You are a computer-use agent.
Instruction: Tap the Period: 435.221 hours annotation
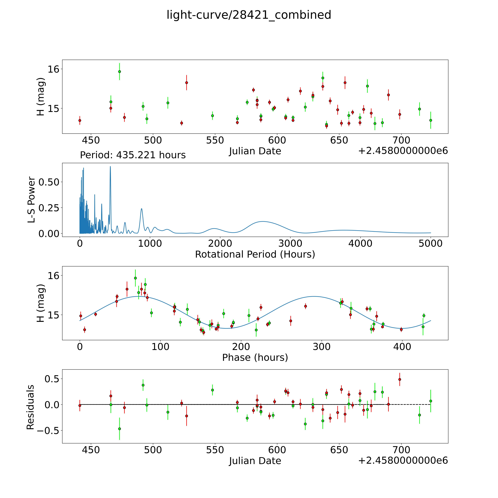pos(133,155)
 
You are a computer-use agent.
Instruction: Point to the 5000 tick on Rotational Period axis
pos(430,243)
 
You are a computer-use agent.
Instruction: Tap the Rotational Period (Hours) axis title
pos(255,254)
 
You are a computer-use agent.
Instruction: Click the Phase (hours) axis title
pos(255,358)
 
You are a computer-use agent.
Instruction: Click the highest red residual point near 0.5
pos(400,379)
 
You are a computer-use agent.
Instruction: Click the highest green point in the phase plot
pos(135,278)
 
